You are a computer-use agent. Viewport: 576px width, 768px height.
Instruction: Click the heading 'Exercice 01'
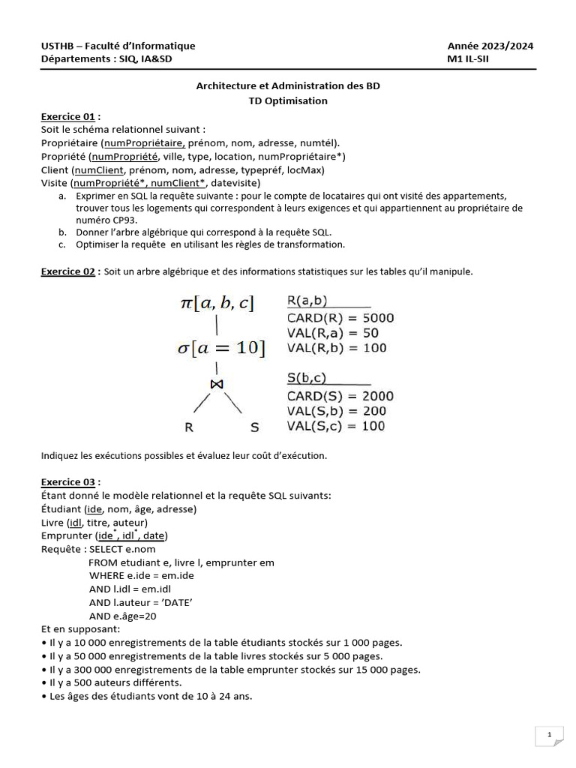click(68, 117)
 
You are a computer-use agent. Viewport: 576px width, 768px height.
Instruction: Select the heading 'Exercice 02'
click(68, 271)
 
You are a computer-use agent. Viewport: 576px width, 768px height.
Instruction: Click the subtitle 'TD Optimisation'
click(288, 100)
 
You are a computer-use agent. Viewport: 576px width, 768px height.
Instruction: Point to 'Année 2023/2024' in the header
click(490, 46)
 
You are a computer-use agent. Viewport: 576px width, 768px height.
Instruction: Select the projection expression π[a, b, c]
click(217, 303)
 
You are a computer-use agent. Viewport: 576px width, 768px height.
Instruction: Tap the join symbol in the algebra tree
click(217, 383)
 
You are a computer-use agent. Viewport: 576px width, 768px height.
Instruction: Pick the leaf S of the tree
click(253, 427)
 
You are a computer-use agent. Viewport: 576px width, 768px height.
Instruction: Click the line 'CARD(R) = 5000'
click(340, 318)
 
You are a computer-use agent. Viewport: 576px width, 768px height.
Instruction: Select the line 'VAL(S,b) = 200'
click(336, 411)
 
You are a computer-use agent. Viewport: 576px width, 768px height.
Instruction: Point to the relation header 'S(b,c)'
click(307, 379)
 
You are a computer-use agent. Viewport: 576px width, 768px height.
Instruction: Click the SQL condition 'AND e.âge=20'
click(124, 616)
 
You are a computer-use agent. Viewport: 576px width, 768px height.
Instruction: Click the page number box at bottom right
click(550, 736)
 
